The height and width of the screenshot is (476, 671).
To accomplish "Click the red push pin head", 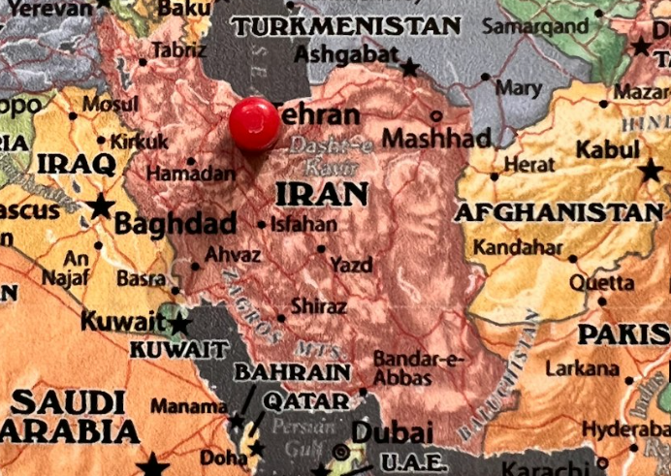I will tap(254, 123).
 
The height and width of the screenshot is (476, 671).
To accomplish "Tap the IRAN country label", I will tap(322, 193).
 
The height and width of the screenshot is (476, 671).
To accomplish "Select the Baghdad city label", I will tap(175, 224).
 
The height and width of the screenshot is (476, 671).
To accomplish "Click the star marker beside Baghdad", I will tap(100, 206).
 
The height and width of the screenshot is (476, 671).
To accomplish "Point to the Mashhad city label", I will tap(436, 138).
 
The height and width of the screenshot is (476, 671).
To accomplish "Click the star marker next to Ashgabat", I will tap(410, 68).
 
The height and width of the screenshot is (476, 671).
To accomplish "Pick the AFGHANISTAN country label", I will tap(559, 211).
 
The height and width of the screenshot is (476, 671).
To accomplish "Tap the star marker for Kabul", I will tap(651, 172).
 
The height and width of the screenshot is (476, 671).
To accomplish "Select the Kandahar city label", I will tap(518, 248).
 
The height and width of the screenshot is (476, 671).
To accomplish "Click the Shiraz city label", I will tap(318, 306).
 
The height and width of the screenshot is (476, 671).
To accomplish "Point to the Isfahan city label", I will tap(304, 224).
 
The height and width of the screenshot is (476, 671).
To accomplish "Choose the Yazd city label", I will tap(350, 264).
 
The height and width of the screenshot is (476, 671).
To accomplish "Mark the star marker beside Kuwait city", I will tap(180, 324).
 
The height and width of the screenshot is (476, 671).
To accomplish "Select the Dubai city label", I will tap(392, 431).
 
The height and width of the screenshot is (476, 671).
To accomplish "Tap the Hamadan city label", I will tap(191, 175).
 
